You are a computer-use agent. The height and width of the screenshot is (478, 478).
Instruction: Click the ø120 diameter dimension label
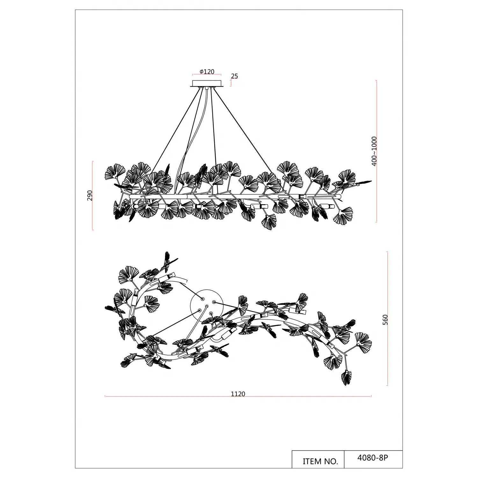207,72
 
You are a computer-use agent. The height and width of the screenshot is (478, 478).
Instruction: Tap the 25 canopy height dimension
235,76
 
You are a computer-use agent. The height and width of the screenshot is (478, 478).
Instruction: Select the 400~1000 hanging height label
374,151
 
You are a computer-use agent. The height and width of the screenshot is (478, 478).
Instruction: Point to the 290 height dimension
90,196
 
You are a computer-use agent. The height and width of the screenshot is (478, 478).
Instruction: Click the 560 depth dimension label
385,319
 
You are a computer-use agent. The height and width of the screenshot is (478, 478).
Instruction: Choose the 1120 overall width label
238,394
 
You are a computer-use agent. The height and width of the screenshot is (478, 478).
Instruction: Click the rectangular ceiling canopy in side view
207,83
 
